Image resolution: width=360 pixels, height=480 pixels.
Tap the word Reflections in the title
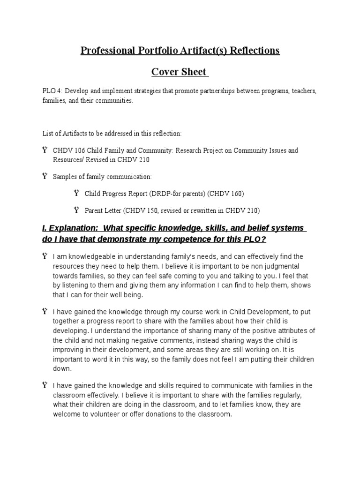(254, 51)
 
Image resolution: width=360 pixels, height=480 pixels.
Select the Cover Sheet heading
(179, 72)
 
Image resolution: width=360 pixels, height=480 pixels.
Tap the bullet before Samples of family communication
(45, 176)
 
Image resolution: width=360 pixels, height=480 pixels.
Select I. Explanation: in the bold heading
(72, 228)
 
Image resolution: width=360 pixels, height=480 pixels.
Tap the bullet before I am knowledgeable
(45, 256)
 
